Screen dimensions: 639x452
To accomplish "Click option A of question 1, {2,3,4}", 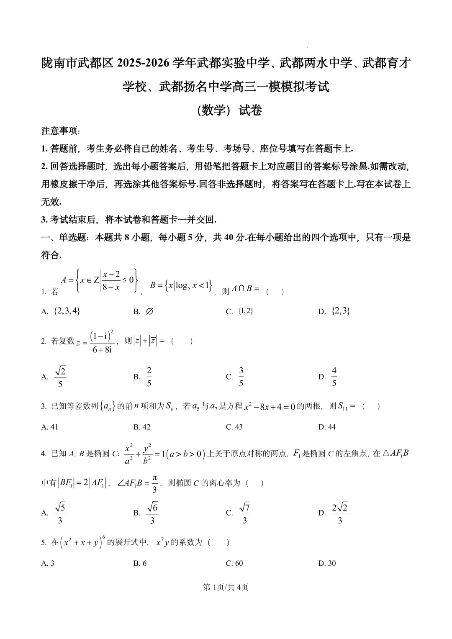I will click(x=67, y=311).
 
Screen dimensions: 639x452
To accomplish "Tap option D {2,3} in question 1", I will click(x=340, y=311).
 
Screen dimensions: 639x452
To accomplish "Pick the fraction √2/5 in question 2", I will click(x=61, y=377).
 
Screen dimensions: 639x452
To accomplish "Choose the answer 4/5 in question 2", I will click(x=334, y=377).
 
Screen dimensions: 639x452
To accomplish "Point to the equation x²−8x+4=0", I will click(x=270, y=406).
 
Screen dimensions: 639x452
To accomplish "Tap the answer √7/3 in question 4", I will click(x=244, y=513).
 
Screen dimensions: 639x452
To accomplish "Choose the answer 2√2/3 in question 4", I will click(x=339, y=513).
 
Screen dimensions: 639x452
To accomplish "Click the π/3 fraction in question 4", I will click(x=154, y=483).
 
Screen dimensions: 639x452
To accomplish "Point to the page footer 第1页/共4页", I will click(x=226, y=587).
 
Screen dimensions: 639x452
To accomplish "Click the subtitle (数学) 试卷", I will click(x=229, y=110).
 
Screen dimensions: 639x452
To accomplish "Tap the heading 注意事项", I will click(x=61, y=131).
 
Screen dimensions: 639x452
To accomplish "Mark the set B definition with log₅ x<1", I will click(x=181, y=286).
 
